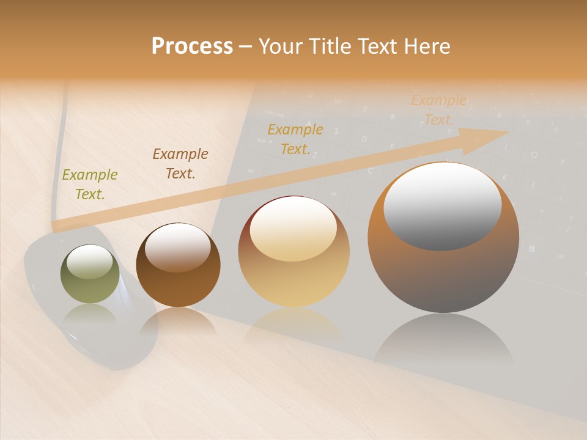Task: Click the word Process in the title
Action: pos(192,46)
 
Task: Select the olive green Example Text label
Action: pos(90,185)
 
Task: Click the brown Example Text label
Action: pos(180,164)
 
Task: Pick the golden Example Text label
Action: pos(295,139)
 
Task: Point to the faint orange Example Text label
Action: pos(438,110)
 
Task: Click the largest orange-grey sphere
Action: pos(443,275)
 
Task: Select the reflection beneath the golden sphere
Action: pos(293,324)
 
